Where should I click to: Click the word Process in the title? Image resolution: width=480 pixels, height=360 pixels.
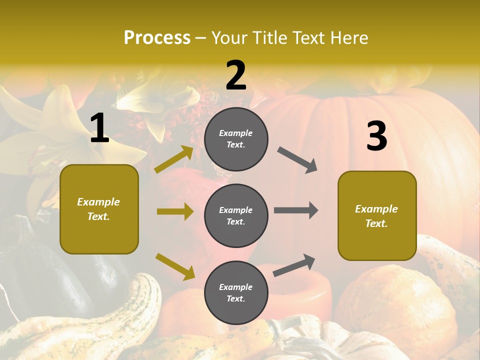157,38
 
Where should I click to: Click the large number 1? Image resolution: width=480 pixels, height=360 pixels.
99,128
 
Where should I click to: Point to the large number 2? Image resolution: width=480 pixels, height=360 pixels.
236,75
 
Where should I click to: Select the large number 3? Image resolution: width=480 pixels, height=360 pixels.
376,136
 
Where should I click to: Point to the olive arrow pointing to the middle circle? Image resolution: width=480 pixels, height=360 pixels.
175,211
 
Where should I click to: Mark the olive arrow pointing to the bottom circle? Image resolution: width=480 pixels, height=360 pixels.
175,266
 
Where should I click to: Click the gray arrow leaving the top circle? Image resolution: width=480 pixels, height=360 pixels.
297,160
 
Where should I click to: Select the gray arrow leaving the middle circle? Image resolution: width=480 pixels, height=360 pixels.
295,210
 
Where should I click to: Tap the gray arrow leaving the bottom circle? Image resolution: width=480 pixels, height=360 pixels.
294,265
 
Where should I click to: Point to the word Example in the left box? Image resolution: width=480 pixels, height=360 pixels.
98,202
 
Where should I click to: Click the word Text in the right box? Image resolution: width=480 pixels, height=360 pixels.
376,223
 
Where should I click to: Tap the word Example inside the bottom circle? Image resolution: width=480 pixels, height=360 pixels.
235,287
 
